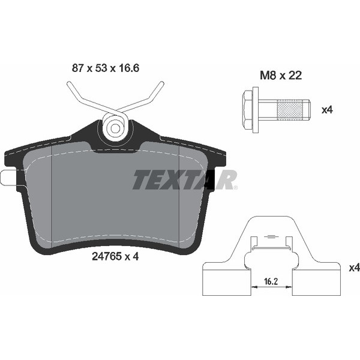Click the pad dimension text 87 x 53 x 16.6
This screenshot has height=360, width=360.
pyautogui.click(x=106, y=68)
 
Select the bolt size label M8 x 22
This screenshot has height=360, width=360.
pyautogui.click(x=281, y=76)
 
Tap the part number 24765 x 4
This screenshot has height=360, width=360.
pyautogui.click(x=115, y=256)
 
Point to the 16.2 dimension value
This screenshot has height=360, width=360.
pyautogui.click(x=271, y=281)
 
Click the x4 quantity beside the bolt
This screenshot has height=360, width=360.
pyautogui.click(x=327, y=110)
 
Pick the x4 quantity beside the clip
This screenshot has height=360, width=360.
pyautogui.click(x=354, y=268)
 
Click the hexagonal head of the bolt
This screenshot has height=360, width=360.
pyautogui.click(x=248, y=110)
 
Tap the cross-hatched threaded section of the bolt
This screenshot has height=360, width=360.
pyautogui.click(x=290, y=110)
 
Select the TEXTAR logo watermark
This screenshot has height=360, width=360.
pyautogui.click(x=185, y=180)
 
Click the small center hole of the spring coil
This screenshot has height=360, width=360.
pyautogui.click(x=115, y=128)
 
